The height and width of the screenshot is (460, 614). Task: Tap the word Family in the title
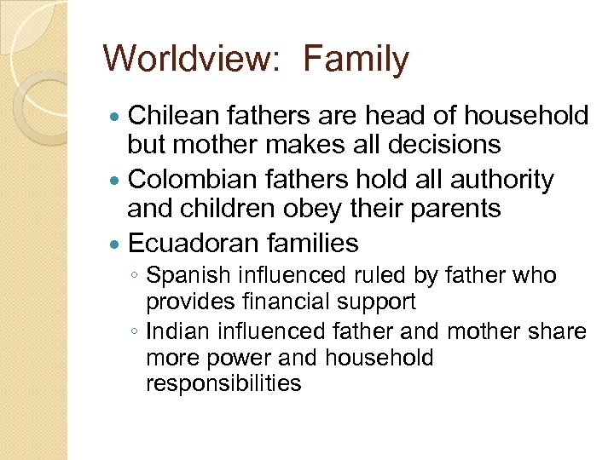click(x=356, y=60)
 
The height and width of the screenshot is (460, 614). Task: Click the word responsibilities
click(x=223, y=383)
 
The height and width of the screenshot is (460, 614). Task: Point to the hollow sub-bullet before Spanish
click(x=136, y=277)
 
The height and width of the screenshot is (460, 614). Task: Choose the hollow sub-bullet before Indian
click(x=136, y=331)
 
